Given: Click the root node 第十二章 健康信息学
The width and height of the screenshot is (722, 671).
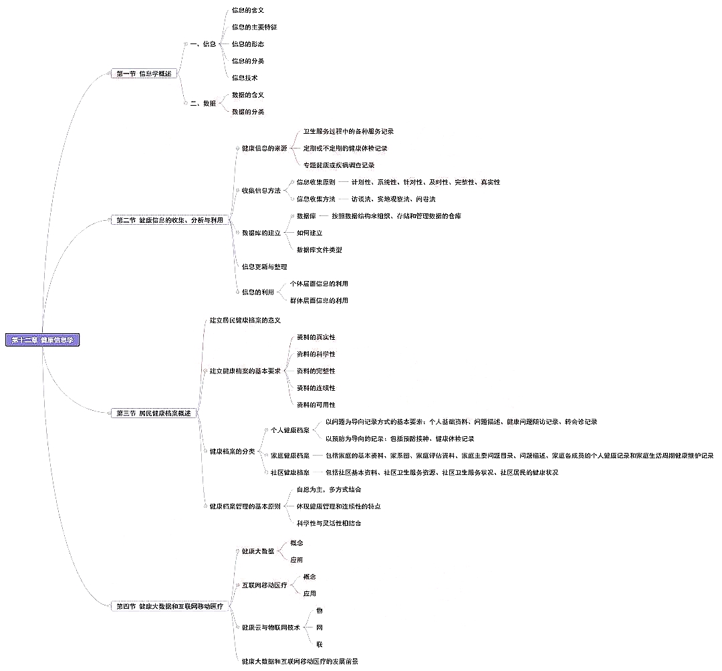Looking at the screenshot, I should click(x=43, y=340).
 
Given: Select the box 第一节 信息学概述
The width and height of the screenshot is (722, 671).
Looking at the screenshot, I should click(x=144, y=74).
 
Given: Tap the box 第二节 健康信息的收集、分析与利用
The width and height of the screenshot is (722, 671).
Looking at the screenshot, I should click(x=170, y=220).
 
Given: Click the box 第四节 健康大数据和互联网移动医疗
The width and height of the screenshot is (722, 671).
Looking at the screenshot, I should click(x=170, y=606).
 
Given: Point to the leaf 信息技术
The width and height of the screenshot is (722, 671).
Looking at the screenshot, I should click(x=245, y=78).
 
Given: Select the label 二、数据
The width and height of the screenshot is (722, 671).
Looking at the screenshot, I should click(x=203, y=103).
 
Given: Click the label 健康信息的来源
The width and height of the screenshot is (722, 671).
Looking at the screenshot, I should click(x=264, y=148).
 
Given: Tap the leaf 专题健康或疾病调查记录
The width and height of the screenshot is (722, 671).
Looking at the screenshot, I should click(x=338, y=165).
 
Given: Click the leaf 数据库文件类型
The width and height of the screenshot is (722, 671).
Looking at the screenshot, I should click(x=320, y=250).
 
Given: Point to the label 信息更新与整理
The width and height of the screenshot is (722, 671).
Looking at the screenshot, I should click(x=264, y=266).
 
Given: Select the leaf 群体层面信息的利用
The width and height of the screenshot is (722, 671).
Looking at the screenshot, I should click(x=319, y=300).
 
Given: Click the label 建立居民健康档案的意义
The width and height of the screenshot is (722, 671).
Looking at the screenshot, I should click(x=245, y=320).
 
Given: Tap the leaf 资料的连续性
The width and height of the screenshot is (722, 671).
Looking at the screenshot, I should click(x=316, y=388).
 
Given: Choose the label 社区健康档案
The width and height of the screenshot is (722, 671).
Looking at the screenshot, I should click(x=289, y=472).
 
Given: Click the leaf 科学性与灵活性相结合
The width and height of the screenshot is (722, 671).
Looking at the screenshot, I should click(x=329, y=523).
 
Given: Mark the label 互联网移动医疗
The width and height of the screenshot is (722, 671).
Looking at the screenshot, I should click(x=264, y=585).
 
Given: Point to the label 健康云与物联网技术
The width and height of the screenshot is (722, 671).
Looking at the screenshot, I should click(x=271, y=628).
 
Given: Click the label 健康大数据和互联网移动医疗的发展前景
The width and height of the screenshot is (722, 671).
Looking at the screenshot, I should click(x=299, y=661).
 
